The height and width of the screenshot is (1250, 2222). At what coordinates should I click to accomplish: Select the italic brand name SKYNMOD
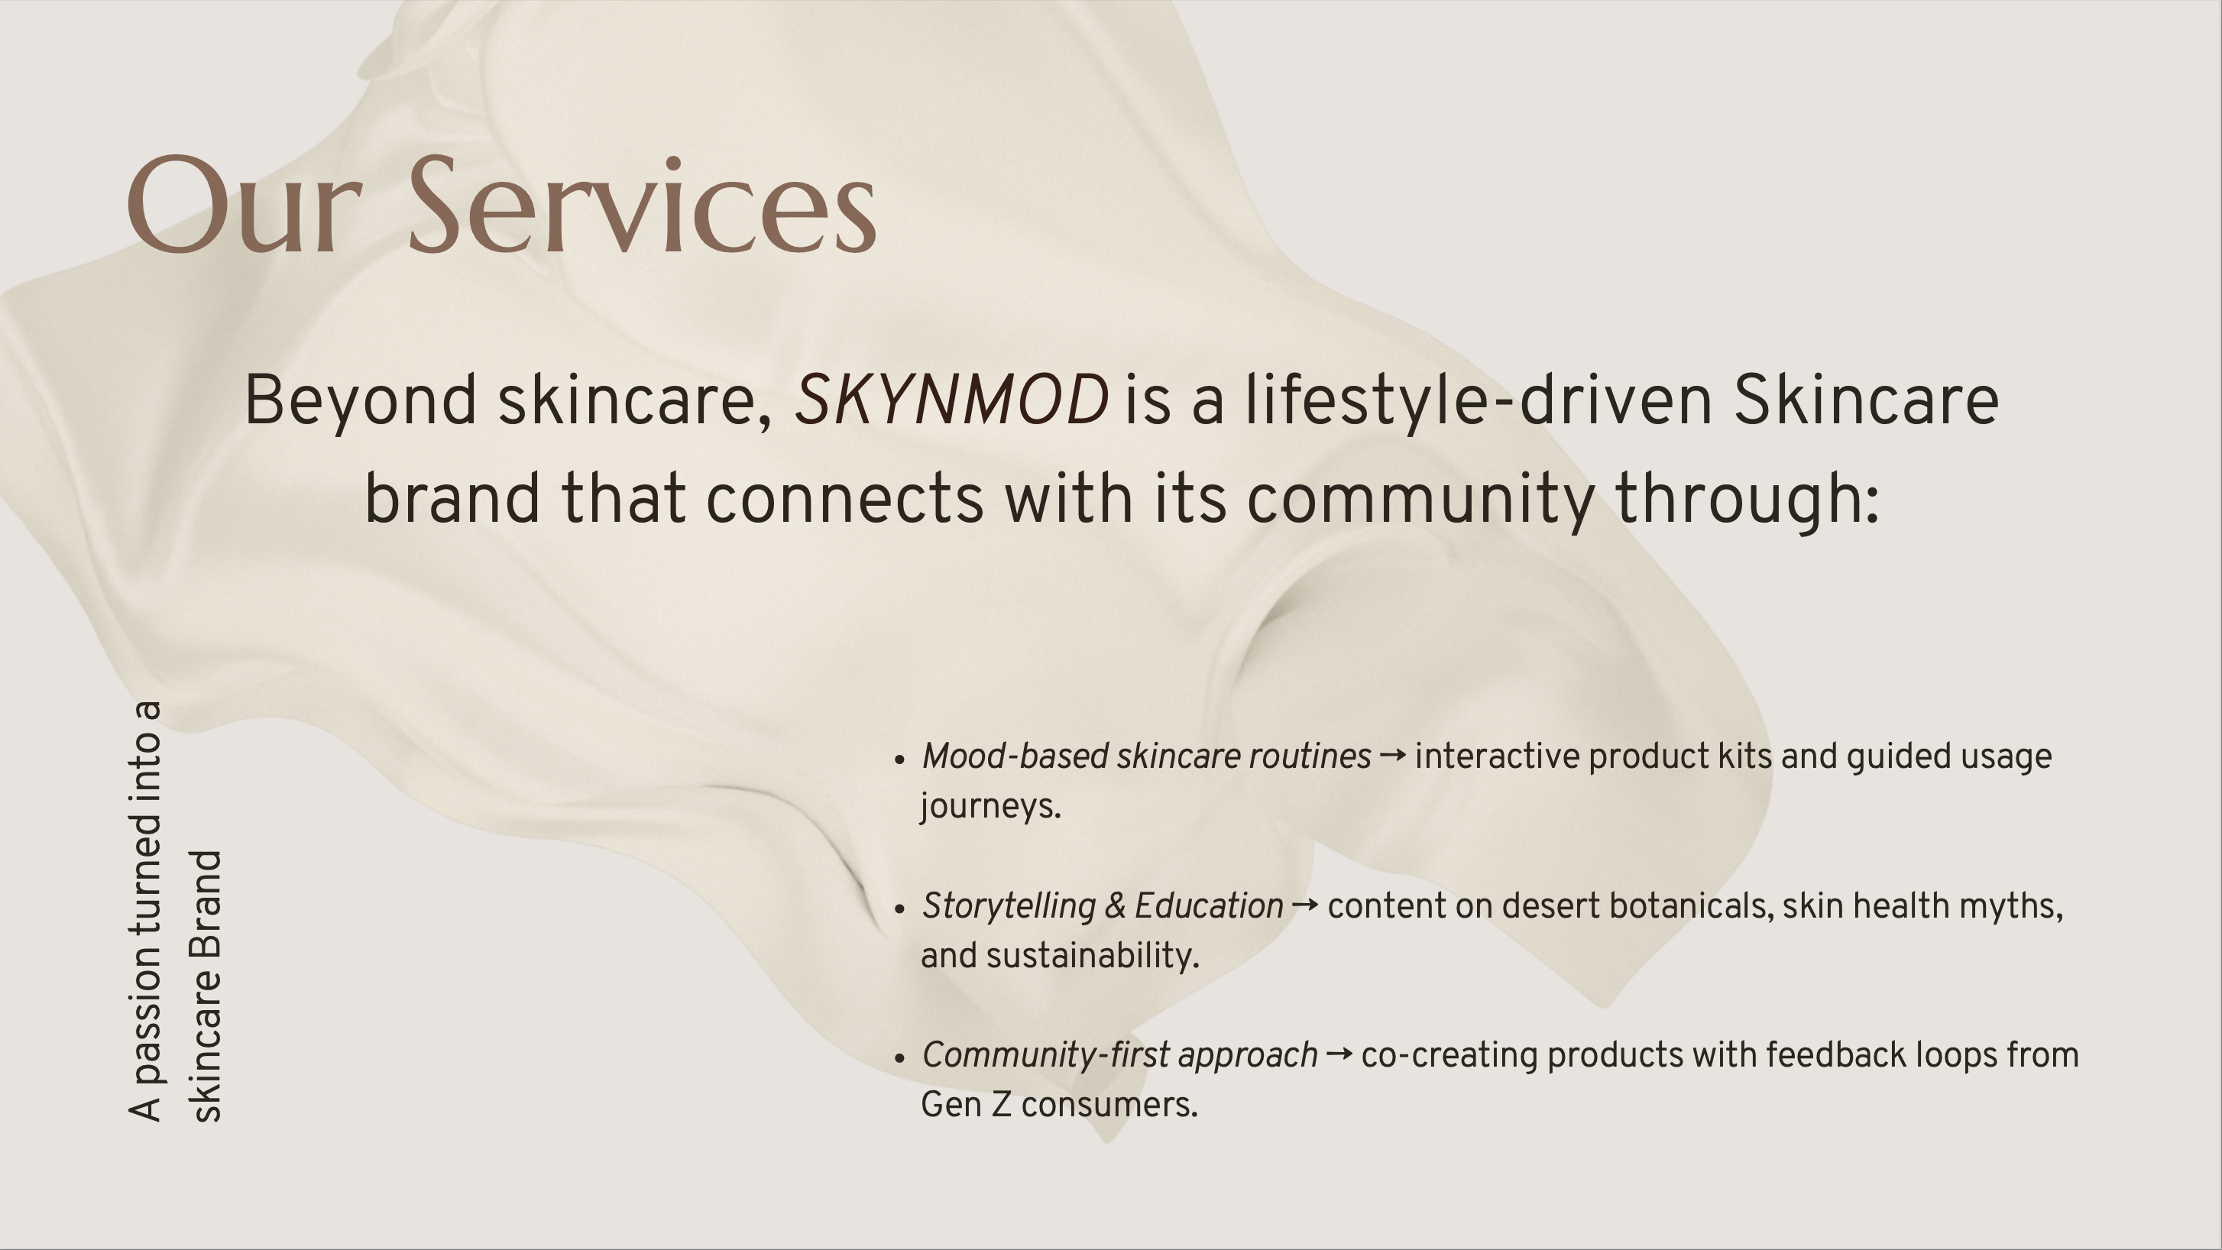(x=951, y=400)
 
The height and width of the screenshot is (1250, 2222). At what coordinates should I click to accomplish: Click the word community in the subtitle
(x=1420, y=500)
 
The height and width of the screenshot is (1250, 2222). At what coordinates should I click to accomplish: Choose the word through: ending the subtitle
(x=1747, y=500)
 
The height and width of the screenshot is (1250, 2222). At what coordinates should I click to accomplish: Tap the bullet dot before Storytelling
(x=899, y=909)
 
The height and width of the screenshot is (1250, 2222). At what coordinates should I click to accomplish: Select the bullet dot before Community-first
(x=899, y=1058)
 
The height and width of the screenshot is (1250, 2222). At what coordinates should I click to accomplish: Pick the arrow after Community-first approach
(x=1339, y=1055)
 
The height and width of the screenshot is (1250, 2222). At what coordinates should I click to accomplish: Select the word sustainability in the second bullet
(x=1093, y=956)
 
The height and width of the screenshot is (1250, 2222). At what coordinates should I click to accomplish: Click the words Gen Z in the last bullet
(x=966, y=1105)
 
